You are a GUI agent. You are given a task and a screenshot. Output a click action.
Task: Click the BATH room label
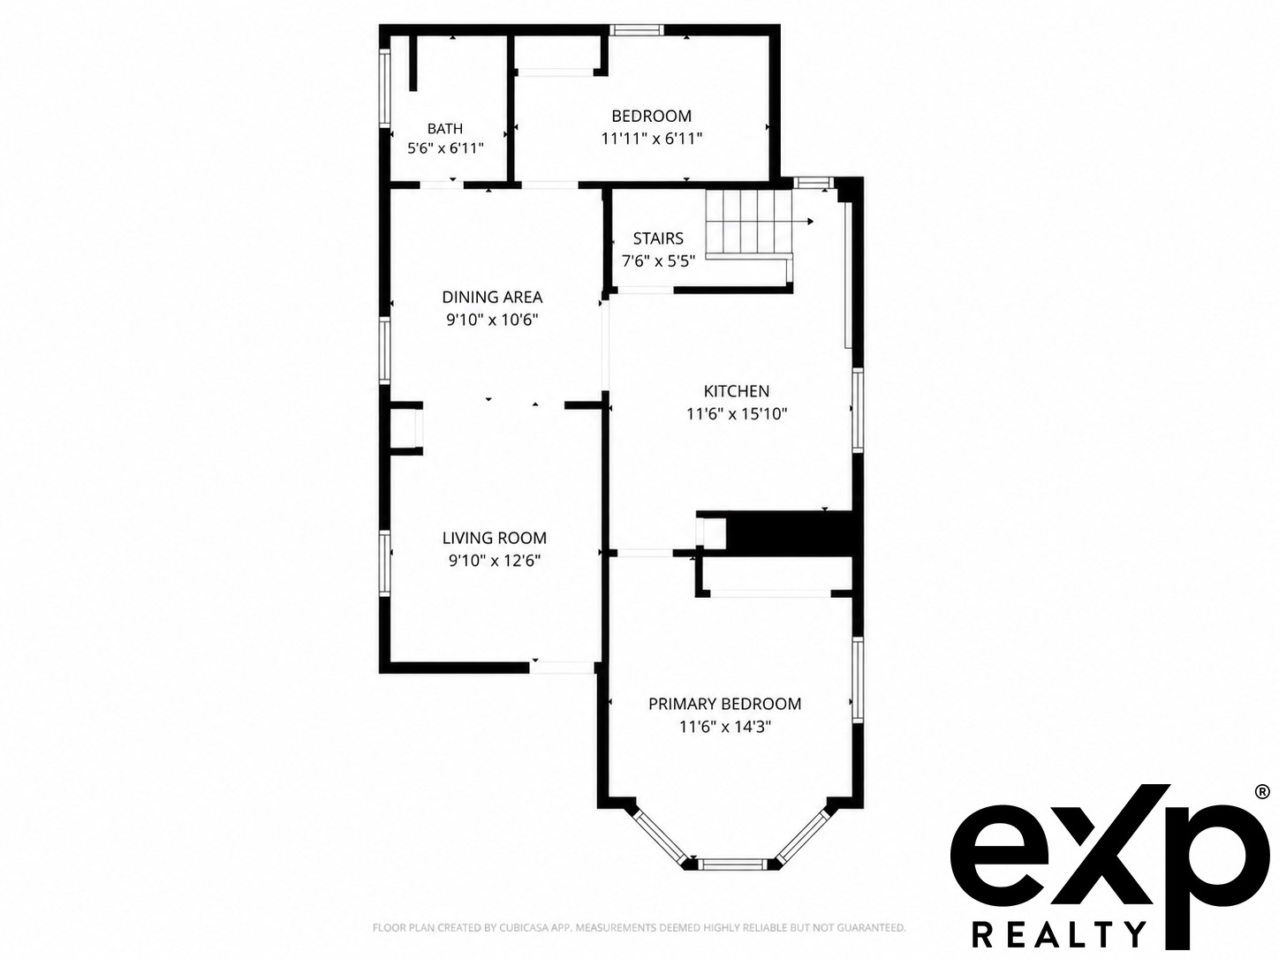point(445,129)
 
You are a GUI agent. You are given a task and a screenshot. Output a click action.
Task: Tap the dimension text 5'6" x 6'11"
point(445,148)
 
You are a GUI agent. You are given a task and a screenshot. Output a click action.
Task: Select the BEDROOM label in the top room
point(652,116)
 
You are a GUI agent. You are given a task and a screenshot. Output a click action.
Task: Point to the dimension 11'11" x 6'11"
point(652,139)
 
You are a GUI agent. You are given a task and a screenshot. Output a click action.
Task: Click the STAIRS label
point(658,238)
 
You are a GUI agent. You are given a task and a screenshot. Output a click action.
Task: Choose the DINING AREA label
point(492,297)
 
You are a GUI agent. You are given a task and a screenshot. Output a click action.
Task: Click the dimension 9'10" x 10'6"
point(492,320)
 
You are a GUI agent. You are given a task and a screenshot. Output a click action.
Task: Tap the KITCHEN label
point(737,390)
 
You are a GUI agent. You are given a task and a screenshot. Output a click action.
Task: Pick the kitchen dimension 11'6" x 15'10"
point(737,414)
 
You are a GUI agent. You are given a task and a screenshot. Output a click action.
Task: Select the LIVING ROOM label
point(494,538)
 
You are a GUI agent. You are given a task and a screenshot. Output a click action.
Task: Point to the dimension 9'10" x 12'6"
point(494,561)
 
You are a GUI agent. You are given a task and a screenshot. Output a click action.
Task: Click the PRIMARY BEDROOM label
point(725,704)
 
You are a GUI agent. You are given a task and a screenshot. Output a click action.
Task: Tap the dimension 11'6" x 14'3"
point(725,727)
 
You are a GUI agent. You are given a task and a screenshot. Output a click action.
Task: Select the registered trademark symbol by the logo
point(1261,792)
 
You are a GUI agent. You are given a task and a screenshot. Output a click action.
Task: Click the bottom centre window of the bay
point(733,864)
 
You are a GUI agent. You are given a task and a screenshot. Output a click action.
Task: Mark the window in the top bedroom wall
point(637,30)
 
